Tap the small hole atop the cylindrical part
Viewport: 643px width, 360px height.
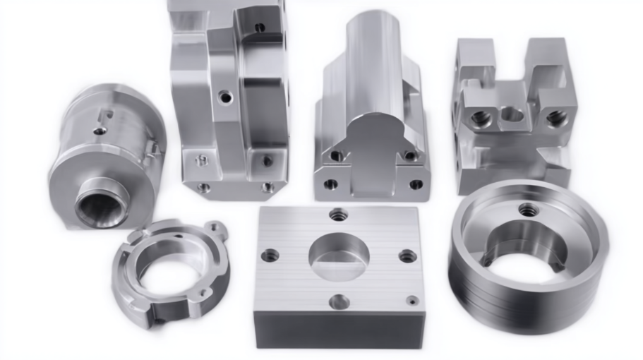(100, 131)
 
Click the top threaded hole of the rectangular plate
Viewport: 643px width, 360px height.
(336, 212)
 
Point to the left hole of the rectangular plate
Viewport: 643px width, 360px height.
(270, 255)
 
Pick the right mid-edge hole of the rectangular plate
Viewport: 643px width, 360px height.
(407, 256)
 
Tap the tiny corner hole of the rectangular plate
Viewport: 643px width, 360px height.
(411, 300)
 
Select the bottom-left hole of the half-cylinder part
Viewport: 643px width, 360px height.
(330, 184)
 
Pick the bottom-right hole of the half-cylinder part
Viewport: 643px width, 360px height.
(416, 184)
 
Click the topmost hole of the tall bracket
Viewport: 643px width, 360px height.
(260, 28)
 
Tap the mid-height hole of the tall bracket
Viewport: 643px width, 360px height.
(225, 95)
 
